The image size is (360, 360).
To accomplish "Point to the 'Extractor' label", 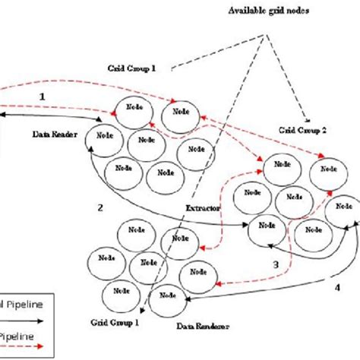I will pos(203,207).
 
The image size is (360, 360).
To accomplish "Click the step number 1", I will pos(43,96).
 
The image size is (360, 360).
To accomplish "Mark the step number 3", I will pos(276,264).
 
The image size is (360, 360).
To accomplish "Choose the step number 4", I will pos(336,287).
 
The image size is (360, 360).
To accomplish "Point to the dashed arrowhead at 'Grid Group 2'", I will pos(305,120).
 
